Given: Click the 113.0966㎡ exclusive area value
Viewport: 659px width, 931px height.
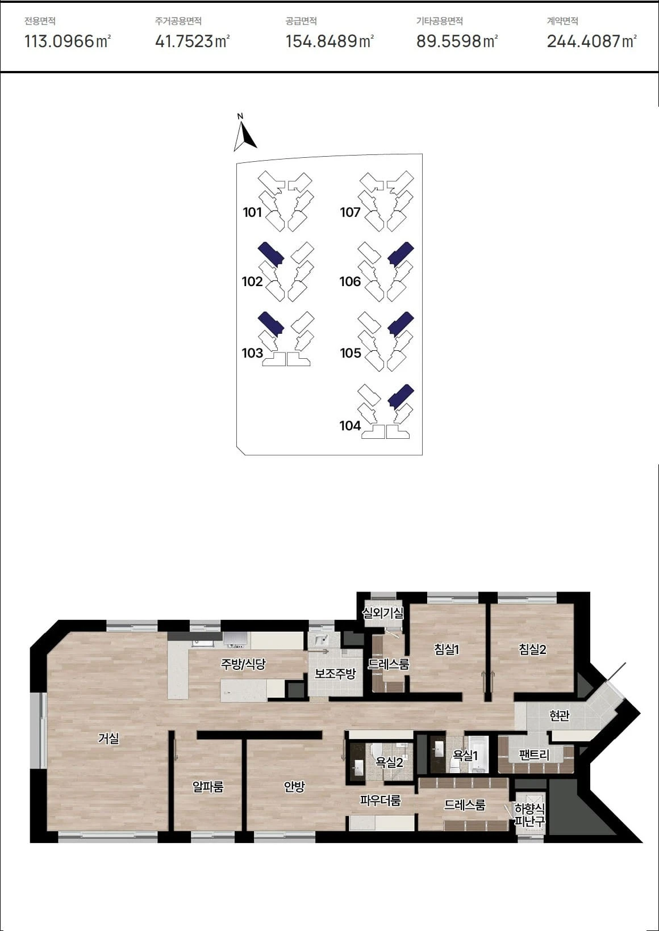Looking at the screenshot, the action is point(68,41).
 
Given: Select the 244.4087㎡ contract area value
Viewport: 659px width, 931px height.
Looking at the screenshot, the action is point(591,41).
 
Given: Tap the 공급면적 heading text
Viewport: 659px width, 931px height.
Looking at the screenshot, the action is point(301,21).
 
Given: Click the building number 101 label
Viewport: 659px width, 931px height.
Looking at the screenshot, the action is point(252,212).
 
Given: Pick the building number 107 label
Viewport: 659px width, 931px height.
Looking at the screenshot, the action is point(350,212).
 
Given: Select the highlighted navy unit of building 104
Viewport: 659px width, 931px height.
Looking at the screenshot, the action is point(401,396).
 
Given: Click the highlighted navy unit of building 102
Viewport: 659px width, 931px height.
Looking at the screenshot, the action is point(271,254).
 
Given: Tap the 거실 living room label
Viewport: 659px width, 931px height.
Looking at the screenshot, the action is point(109,738).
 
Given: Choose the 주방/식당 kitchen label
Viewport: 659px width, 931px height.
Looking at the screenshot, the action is point(243,664).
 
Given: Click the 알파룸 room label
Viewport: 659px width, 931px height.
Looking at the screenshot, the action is point(207,786).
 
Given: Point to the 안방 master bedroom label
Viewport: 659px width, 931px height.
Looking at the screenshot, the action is point(294,786).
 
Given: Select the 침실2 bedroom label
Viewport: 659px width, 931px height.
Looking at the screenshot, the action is point(532,649).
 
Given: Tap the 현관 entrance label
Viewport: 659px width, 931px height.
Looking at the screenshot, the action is point(559,715).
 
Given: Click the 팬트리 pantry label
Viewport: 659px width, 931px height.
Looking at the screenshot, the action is point(535,755).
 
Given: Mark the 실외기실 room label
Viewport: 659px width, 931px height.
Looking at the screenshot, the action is point(383,612).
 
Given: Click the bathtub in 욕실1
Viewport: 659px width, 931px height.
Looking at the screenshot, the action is point(479,754).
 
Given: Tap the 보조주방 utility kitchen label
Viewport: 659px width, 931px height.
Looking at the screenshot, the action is point(335,673).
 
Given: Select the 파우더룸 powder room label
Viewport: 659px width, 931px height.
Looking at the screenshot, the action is point(380,800).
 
